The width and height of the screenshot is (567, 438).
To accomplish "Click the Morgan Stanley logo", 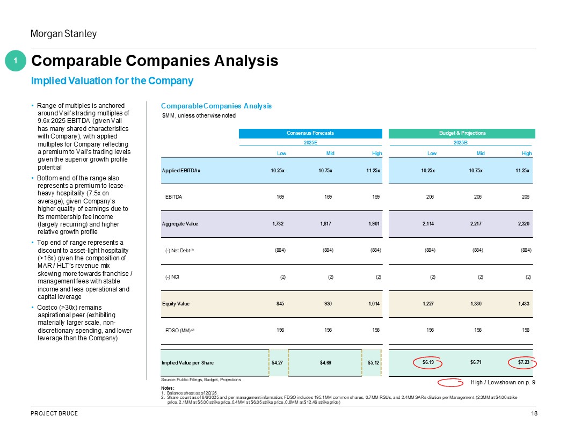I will point(63,34).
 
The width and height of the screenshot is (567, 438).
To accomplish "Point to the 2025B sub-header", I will point(461,143).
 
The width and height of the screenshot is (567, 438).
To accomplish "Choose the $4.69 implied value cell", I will point(325,362).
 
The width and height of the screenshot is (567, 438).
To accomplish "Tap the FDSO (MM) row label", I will point(179,331).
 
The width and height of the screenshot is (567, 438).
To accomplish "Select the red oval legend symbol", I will point(450,382).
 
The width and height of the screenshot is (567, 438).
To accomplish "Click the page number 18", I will point(534,413).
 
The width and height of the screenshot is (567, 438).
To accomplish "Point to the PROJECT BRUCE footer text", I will point(54,413).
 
